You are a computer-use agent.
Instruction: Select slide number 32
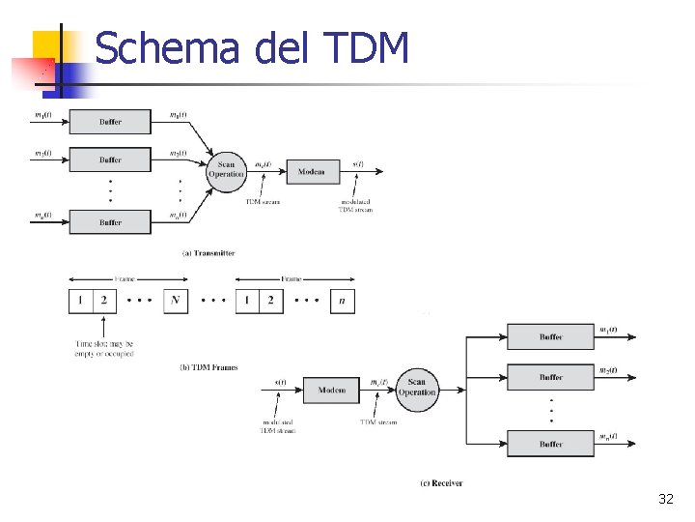pos(665,499)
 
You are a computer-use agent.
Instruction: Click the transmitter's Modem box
pos(312,172)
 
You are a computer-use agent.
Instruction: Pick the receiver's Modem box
pos(331,391)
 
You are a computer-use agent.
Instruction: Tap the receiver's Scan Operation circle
pos(417,388)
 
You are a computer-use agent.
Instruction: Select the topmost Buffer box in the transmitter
pos(110,122)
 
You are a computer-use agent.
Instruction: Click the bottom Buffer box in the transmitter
pos(110,222)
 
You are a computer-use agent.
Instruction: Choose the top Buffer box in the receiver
pos(551,337)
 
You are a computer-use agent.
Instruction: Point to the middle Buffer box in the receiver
pos(551,377)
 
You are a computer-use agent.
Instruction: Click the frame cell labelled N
pos(175,301)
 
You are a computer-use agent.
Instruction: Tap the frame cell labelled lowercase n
pos(342,301)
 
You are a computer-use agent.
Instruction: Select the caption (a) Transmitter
pos(208,253)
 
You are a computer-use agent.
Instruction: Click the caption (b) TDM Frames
pos(208,367)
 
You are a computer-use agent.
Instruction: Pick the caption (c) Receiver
pos(442,482)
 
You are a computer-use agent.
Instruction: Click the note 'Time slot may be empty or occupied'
pos(104,348)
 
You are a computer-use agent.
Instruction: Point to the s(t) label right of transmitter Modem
pos(358,164)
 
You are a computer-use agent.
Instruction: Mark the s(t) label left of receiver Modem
pos(280,383)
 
